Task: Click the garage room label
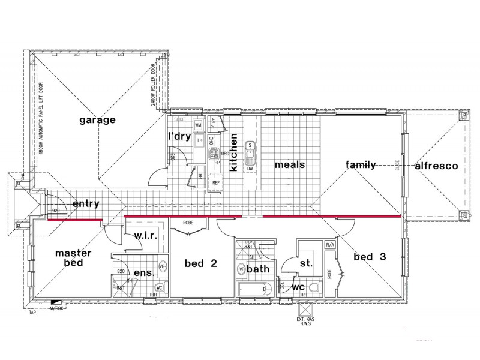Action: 97,120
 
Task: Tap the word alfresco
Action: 436,166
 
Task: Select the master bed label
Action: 73,257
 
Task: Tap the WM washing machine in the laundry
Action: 198,124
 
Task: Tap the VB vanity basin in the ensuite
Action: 161,265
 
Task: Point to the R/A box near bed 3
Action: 329,245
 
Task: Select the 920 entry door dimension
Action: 56,212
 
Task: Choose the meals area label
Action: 290,164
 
